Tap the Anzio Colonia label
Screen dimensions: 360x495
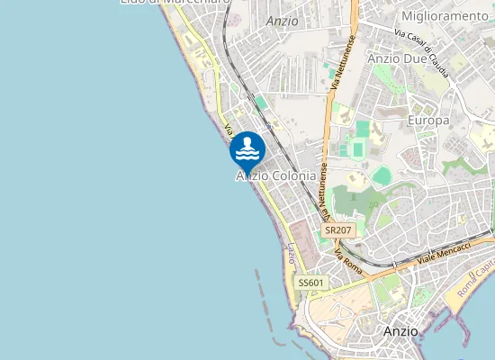(276, 176)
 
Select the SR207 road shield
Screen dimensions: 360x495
(339, 230)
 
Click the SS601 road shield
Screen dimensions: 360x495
(310, 283)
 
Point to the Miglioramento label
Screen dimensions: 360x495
(445, 16)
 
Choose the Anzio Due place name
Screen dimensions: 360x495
(399, 58)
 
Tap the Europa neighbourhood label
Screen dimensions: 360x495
(428, 120)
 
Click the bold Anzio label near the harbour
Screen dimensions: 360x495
(400, 331)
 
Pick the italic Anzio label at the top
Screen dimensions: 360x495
(282, 20)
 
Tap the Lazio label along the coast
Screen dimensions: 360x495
(291, 255)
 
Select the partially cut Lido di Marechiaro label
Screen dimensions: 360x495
(175, 3)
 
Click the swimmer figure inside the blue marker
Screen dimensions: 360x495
(247, 146)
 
